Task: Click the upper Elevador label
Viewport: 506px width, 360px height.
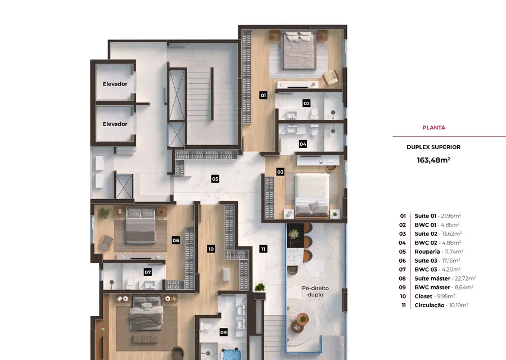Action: click(x=115, y=84)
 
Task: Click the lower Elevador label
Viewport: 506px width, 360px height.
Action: click(x=115, y=124)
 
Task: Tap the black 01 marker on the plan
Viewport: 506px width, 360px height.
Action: click(x=263, y=95)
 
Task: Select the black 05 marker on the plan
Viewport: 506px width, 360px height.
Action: click(x=215, y=179)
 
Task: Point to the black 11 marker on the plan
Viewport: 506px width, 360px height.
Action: click(x=263, y=249)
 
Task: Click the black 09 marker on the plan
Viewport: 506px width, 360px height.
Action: click(x=224, y=332)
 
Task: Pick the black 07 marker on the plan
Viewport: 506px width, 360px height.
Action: click(x=148, y=272)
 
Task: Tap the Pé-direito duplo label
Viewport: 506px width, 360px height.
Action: click(x=315, y=291)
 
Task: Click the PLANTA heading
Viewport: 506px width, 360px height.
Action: click(x=433, y=128)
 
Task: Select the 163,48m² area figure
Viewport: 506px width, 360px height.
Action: click(x=433, y=160)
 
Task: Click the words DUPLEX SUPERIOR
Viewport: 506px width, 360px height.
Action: click(x=433, y=147)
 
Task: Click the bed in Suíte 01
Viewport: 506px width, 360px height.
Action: click(x=299, y=50)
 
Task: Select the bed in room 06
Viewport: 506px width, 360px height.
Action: click(x=141, y=226)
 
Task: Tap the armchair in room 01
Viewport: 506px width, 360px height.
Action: click(x=331, y=78)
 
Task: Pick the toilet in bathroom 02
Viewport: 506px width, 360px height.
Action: click(x=314, y=114)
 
